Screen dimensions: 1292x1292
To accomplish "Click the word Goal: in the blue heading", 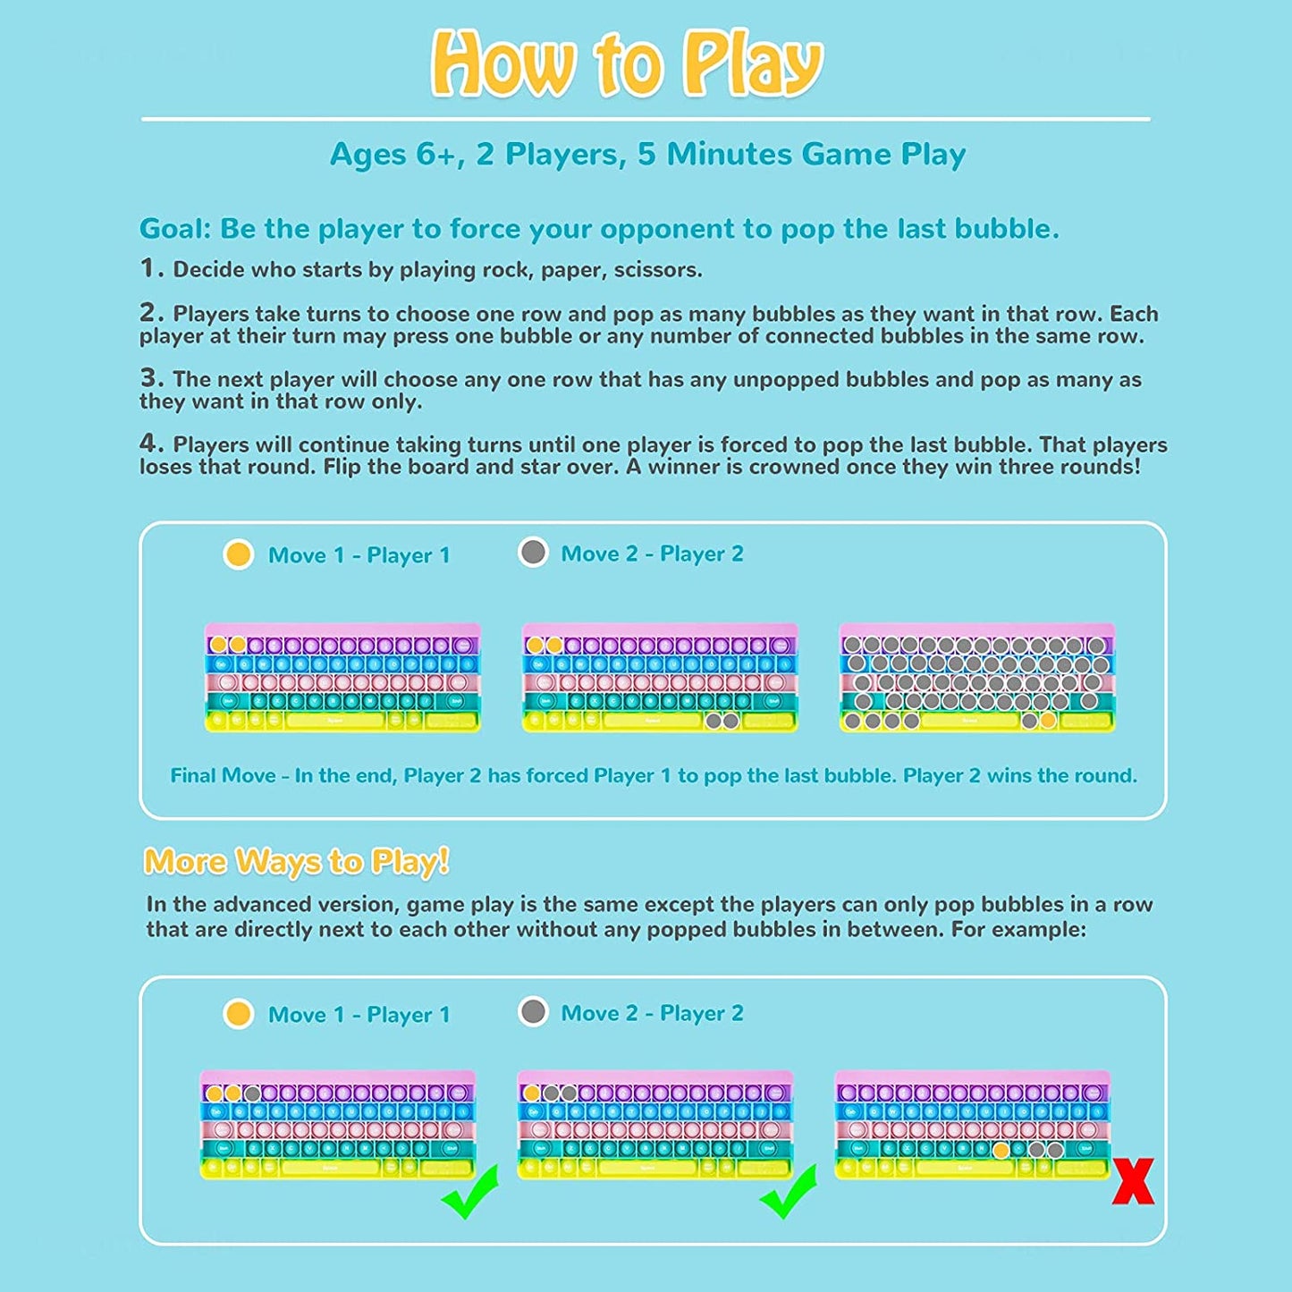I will click(175, 229).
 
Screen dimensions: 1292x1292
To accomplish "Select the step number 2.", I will click(151, 312).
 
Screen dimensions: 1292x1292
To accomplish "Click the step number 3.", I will click(151, 377).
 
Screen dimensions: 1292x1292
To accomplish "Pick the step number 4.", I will click(151, 443).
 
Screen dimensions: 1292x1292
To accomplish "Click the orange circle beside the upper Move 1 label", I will click(239, 554).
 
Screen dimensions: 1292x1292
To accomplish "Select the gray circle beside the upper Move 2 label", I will click(533, 552).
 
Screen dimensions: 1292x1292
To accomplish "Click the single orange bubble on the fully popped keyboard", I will click(1048, 720).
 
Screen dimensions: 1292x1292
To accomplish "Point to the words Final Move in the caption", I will click(223, 776).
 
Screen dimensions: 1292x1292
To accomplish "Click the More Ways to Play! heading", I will click(296, 862).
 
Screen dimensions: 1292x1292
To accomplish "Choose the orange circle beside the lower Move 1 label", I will click(239, 1014).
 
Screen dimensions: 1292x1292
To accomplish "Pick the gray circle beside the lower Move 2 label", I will click(533, 1012).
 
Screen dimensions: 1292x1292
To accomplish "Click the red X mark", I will click(1133, 1181).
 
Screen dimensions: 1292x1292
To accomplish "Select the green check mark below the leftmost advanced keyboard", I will click(469, 1192).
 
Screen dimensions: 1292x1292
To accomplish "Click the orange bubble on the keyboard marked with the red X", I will click(1001, 1150).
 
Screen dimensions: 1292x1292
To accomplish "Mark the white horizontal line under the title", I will click(646, 119).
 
